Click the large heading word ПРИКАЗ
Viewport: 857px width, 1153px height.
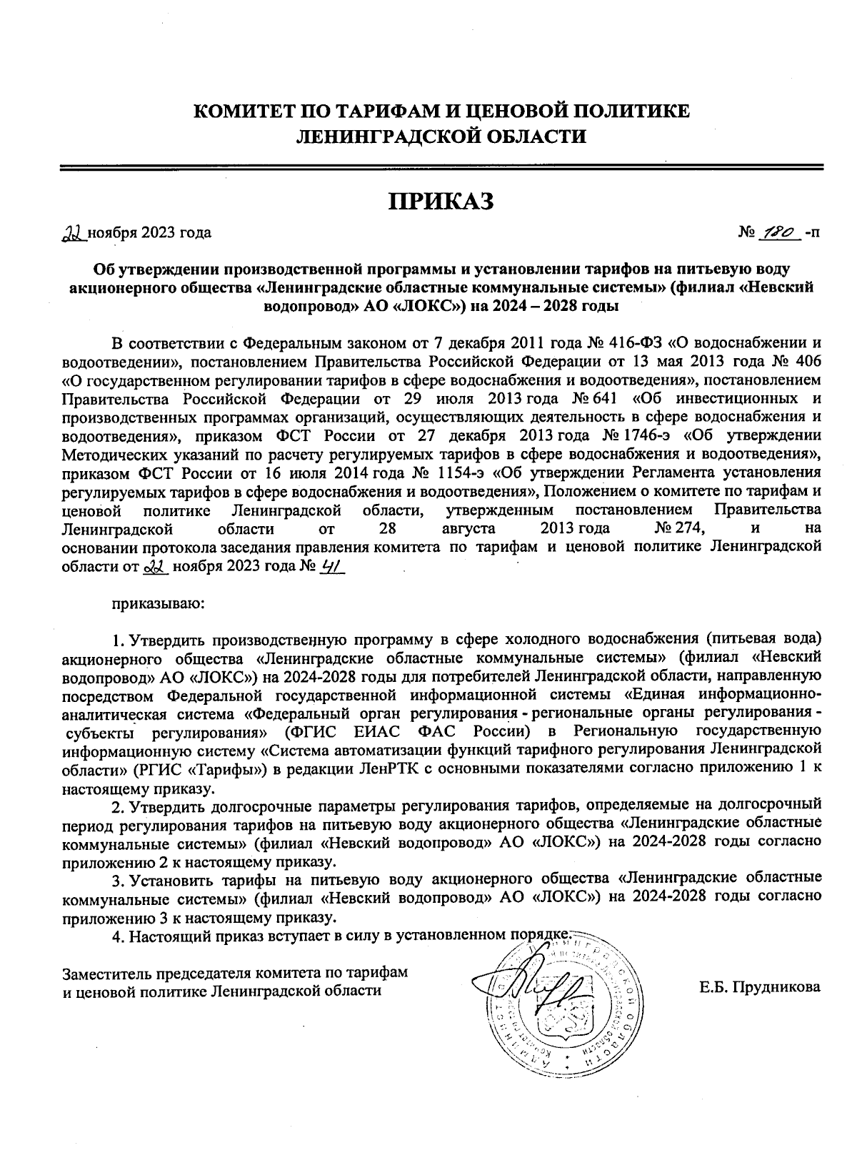441,202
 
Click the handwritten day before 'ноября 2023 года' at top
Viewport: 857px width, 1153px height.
73,233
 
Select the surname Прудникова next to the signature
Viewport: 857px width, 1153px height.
760,988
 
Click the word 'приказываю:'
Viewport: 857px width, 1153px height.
158,604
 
